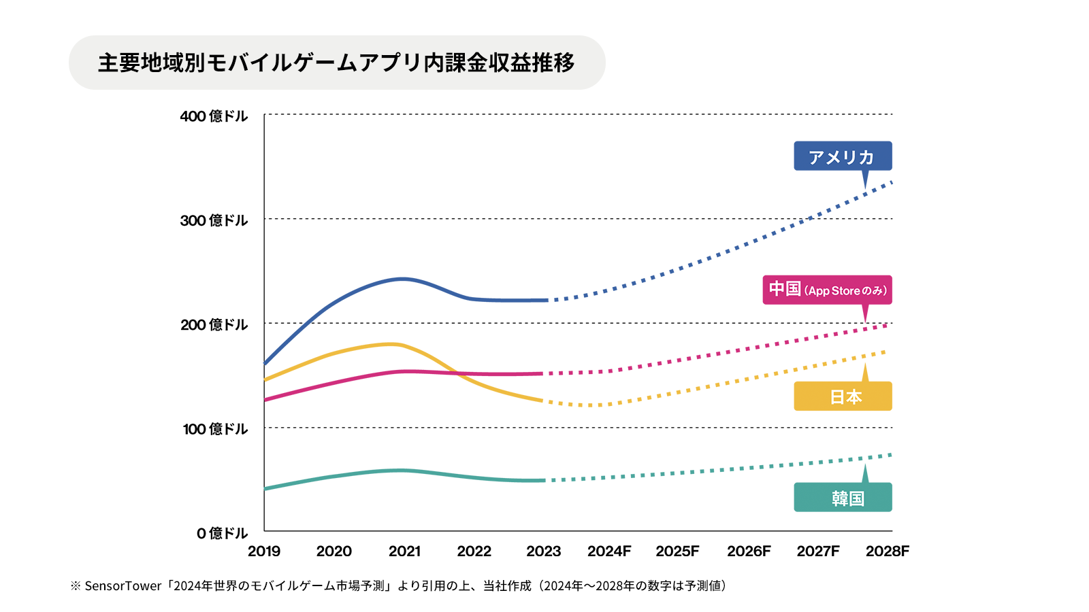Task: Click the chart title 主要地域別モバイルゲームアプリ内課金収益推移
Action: (x=336, y=63)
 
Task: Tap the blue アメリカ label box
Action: (x=843, y=156)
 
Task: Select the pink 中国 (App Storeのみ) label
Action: (x=827, y=290)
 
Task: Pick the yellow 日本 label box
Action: (x=843, y=396)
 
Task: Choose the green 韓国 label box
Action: (x=843, y=498)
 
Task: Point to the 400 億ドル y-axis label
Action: (x=214, y=116)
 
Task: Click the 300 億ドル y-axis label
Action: (x=214, y=220)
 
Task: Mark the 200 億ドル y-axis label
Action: (x=214, y=325)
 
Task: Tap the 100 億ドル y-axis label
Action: (x=215, y=429)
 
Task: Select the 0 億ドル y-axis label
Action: (x=222, y=533)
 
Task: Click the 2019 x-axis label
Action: (x=264, y=551)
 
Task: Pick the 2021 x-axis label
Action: (x=404, y=551)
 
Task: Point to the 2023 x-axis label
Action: (x=543, y=551)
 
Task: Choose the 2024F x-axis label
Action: (x=609, y=551)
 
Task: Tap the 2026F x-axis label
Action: (x=749, y=551)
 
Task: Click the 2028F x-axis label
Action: (x=887, y=551)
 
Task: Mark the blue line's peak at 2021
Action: (x=403, y=279)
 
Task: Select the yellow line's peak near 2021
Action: (x=393, y=344)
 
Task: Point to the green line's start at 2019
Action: (x=265, y=489)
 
